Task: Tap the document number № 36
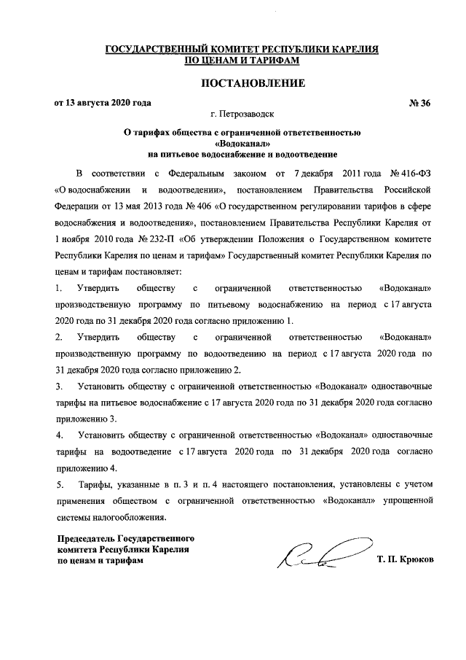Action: tap(420, 102)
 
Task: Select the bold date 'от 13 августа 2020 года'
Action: tap(103, 102)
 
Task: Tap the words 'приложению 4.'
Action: tap(86, 467)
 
